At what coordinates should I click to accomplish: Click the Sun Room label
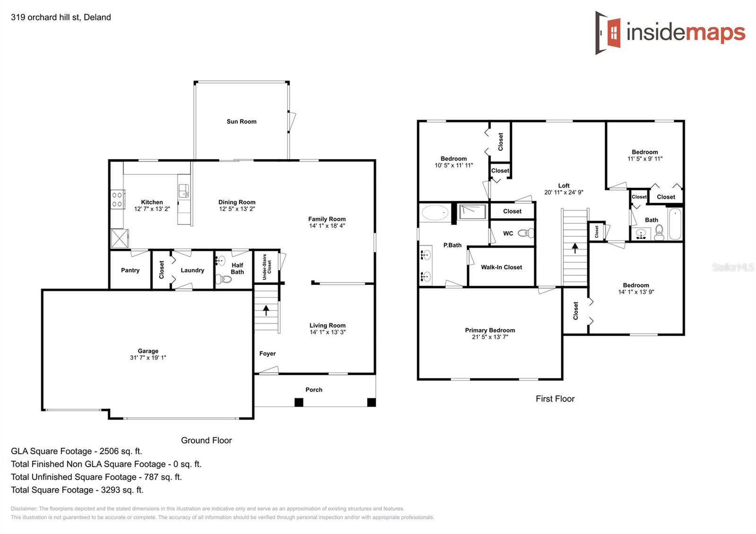(x=241, y=121)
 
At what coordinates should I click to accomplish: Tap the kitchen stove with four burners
(x=117, y=199)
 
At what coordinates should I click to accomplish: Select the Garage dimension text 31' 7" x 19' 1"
(x=148, y=358)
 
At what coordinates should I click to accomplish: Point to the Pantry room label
(x=130, y=270)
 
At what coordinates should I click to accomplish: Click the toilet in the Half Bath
(x=223, y=279)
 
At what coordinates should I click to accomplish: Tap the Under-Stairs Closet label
(x=266, y=267)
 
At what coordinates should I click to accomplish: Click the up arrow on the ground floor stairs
(x=266, y=310)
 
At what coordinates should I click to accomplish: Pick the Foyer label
(x=267, y=353)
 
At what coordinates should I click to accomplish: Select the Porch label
(x=314, y=389)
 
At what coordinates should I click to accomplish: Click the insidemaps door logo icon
(x=608, y=33)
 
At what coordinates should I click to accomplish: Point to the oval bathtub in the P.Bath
(x=435, y=213)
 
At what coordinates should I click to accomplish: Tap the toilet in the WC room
(x=526, y=233)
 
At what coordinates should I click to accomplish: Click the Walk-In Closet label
(x=501, y=267)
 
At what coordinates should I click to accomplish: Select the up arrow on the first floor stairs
(x=575, y=248)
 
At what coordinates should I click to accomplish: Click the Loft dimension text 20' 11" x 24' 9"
(x=564, y=192)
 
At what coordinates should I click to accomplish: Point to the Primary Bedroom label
(x=490, y=330)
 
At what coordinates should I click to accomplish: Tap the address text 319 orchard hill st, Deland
(x=61, y=17)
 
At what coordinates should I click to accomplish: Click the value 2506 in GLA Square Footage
(x=109, y=451)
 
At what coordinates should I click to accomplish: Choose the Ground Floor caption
(x=206, y=440)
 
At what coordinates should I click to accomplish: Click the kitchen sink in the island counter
(x=184, y=191)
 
